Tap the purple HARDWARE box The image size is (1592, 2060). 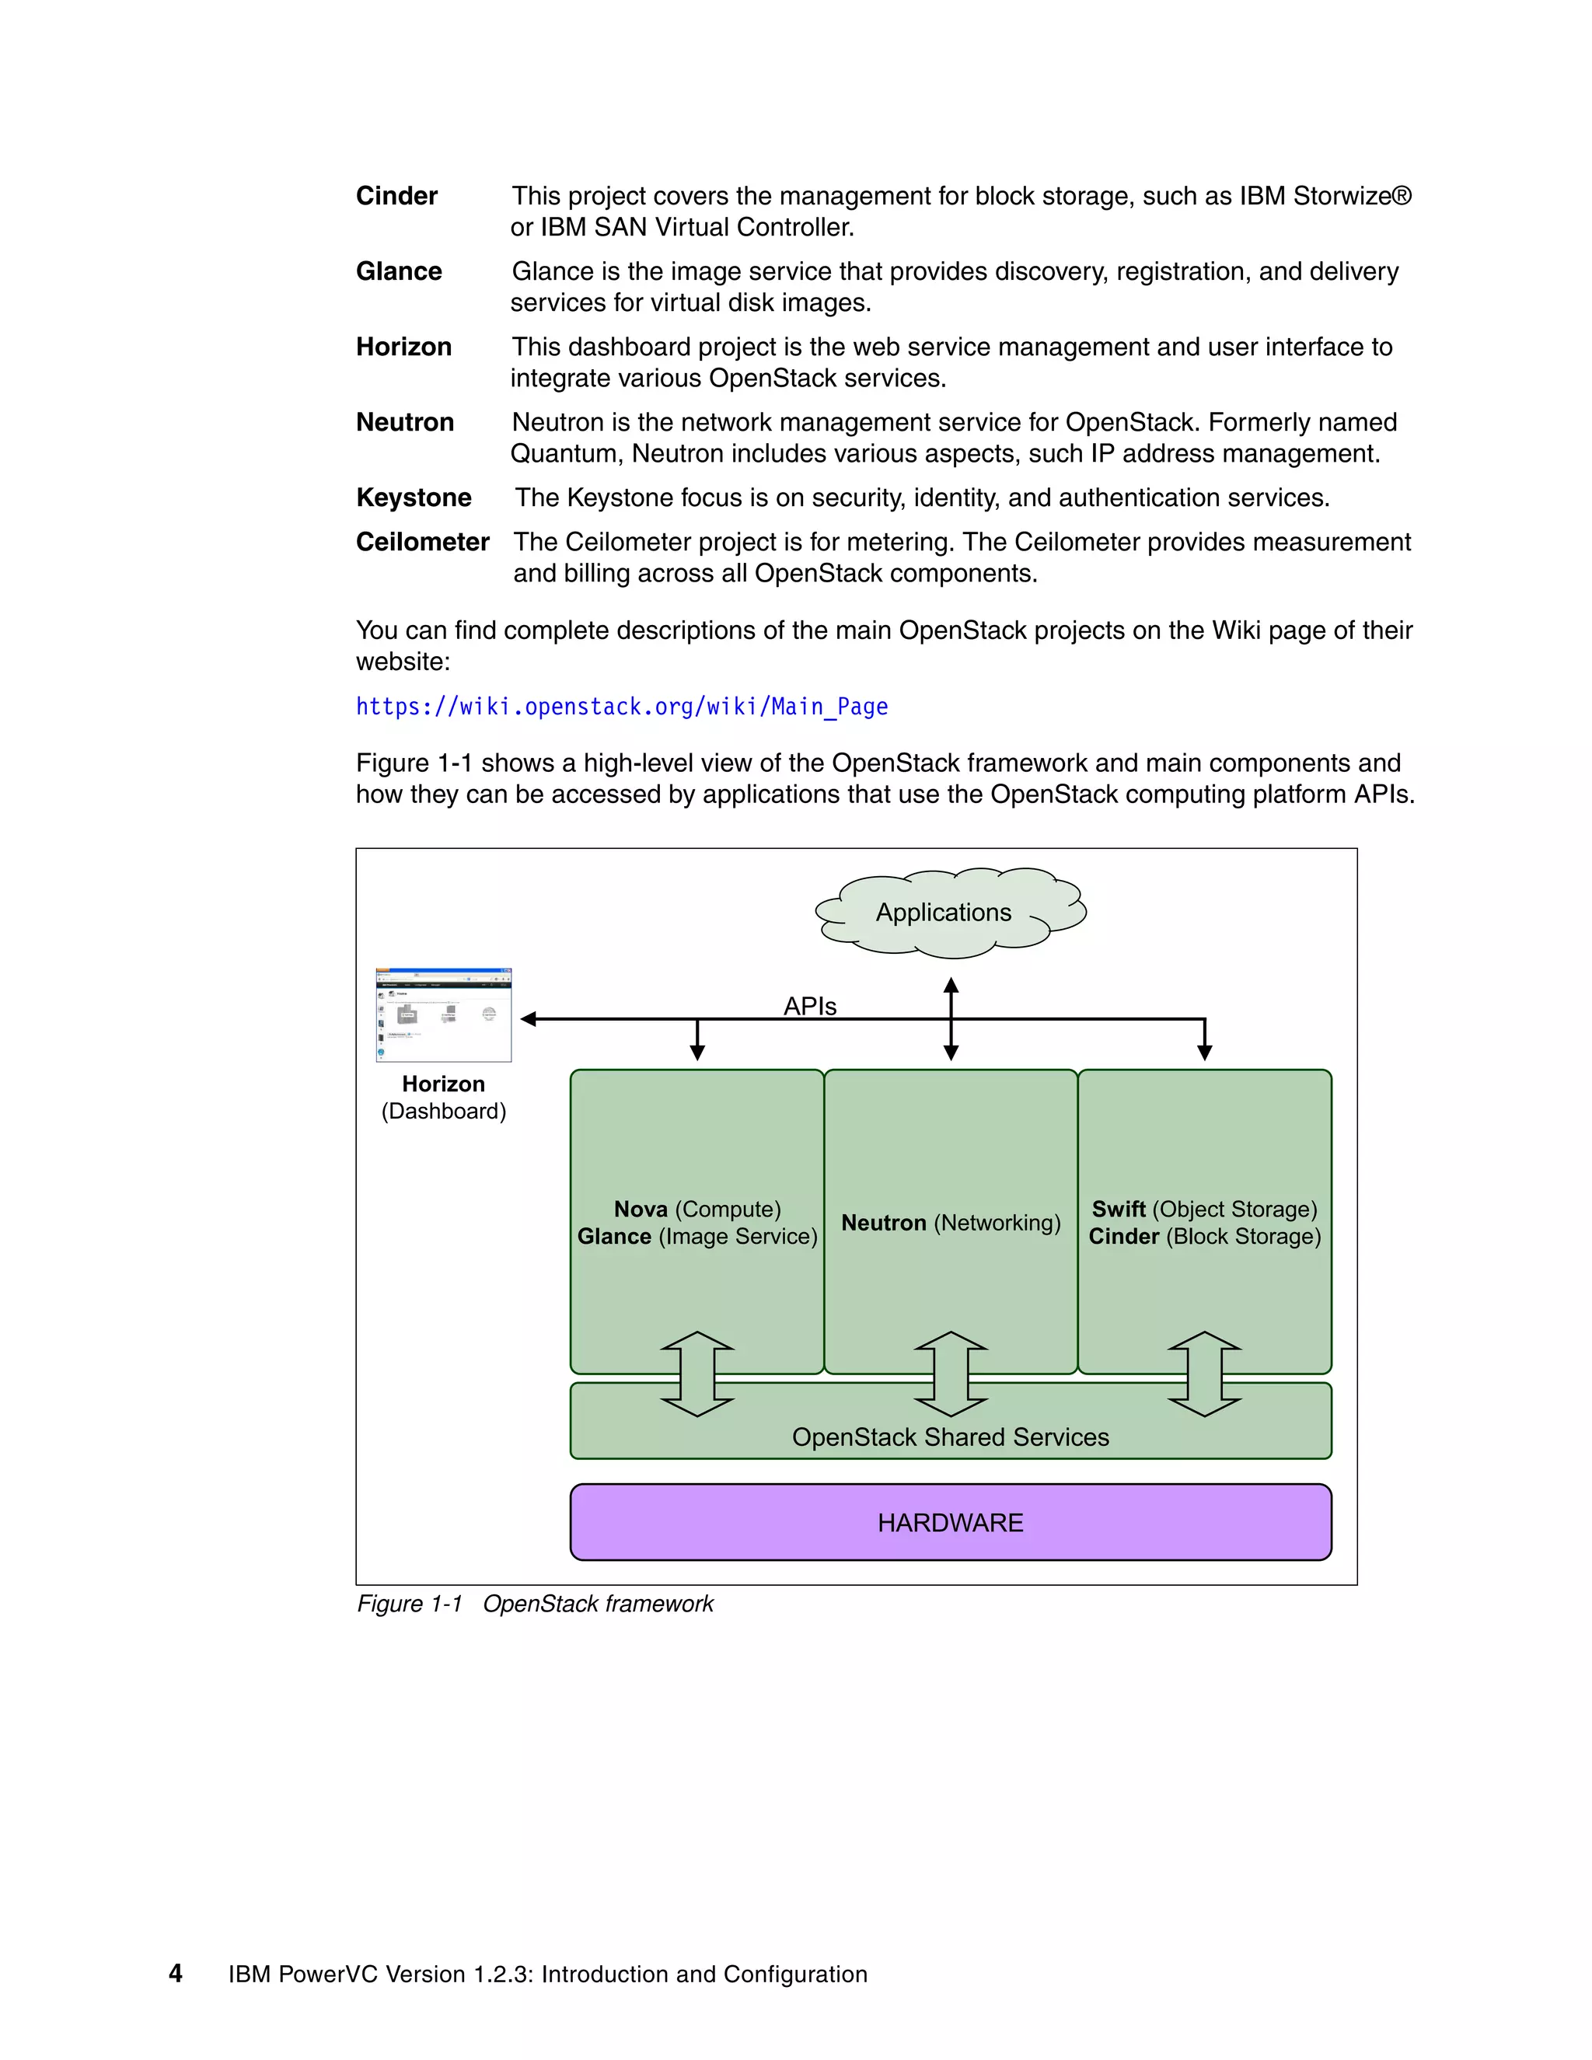pos(950,1521)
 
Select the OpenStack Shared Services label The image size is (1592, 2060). pos(950,1437)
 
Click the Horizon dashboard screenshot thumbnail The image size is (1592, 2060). pos(443,1015)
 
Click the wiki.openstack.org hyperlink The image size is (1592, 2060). pos(622,707)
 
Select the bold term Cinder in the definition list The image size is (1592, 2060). pos(396,196)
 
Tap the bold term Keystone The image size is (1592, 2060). pos(413,498)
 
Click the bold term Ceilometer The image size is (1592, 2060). pos(421,543)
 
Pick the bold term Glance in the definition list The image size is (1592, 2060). pos(398,271)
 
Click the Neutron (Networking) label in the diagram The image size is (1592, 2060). pos(950,1223)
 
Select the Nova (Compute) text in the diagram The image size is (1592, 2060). pos(697,1210)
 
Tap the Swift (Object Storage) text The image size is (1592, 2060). pos(1204,1210)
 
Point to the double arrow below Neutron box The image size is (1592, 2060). pos(951,1374)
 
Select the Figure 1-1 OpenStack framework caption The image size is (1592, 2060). pos(535,1604)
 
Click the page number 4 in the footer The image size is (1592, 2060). pos(176,1973)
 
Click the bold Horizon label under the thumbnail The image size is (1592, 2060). pos(443,1084)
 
